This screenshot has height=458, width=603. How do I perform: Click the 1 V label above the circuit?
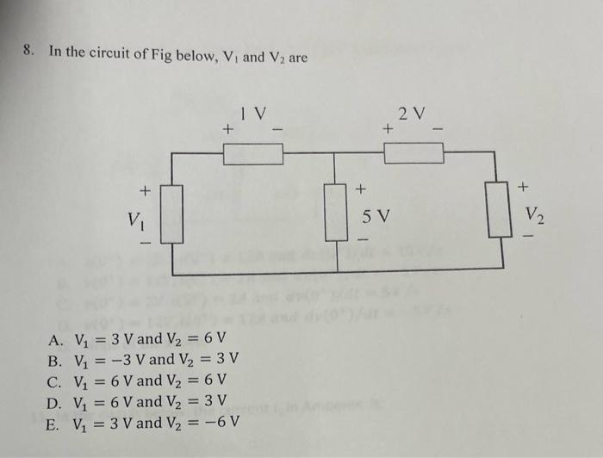(254, 113)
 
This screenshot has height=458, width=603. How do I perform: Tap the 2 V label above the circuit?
(413, 113)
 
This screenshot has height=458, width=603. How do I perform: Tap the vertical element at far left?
(173, 214)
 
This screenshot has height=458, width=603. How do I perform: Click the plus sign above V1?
(145, 188)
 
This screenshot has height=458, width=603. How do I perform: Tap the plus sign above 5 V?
(362, 187)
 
